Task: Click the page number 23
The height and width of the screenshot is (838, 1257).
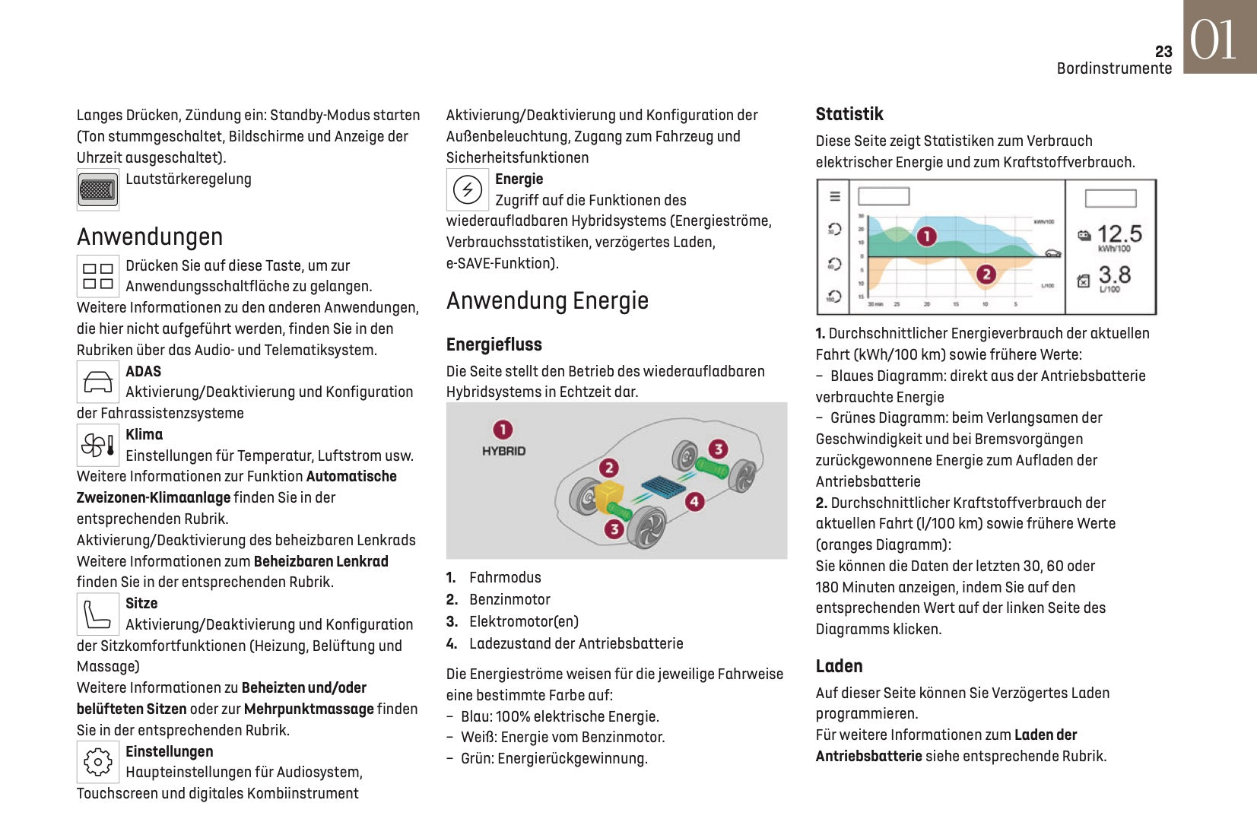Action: (x=1163, y=52)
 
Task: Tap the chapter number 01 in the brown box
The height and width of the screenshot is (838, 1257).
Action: (x=1214, y=40)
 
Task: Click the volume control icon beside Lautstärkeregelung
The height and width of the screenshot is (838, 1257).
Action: (x=97, y=189)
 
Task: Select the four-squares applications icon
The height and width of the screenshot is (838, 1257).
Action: (x=98, y=276)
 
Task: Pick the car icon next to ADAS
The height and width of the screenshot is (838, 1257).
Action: (x=98, y=382)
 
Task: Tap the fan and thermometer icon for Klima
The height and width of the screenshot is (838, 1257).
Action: (x=98, y=445)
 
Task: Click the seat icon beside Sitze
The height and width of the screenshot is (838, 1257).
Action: (x=98, y=614)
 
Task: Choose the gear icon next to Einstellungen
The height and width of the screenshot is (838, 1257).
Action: (x=98, y=762)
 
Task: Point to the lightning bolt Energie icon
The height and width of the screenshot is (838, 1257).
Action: (x=467, y=189)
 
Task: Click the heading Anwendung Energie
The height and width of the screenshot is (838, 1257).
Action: (x=548, y=301)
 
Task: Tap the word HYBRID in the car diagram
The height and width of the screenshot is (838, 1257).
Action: (x=503, y=451)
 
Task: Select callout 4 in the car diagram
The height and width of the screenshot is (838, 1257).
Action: (x=694, y=501)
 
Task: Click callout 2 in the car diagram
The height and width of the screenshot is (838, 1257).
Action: (x=608, y=468)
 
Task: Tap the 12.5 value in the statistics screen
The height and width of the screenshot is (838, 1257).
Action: (x=1119, y=233)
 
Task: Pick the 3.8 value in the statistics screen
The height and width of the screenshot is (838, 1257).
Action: (x=1115, y=275)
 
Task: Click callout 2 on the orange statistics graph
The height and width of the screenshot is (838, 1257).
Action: (x=986, y=274)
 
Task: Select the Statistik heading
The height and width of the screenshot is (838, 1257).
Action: (x=849, y=115)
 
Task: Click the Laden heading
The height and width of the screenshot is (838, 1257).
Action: (x=839, y=667)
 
